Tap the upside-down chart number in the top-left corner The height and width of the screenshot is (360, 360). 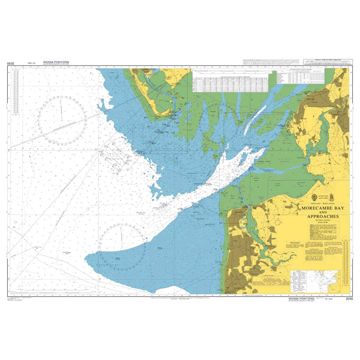10,62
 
